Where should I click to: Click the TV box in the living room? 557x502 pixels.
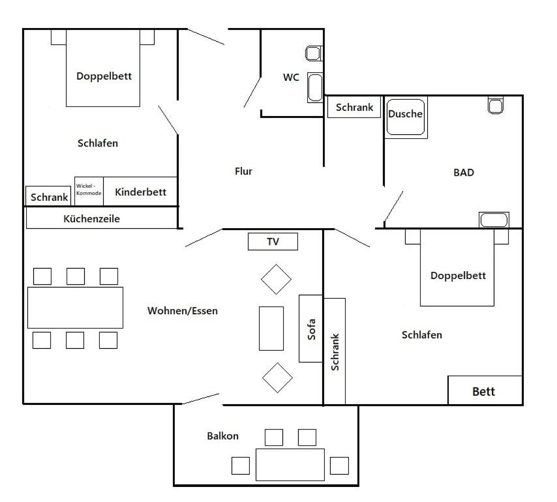(x=273, y=241)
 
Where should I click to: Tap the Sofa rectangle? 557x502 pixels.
(x=311, y=329)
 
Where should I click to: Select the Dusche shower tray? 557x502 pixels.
(x=406, y=117)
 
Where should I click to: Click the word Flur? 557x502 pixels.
(x=243, y=171)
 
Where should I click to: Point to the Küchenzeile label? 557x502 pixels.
(x=92, y=218)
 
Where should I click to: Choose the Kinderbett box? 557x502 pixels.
(x=140, y=192)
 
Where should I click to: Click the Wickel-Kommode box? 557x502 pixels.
(x=89, y=191)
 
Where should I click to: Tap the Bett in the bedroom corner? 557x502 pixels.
(x=485, y=390)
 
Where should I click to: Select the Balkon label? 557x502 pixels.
(x=222, y=436)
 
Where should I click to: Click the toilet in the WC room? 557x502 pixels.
(x=314, y=53)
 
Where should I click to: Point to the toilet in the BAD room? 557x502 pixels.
(x=496, y=105)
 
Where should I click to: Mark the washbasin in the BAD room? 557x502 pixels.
(x=494, y=220)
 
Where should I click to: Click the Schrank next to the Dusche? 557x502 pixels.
(x=354, y=107)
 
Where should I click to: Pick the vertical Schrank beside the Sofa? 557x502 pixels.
(x=335, y=351)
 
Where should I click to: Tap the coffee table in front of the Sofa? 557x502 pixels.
(x=271, y=329)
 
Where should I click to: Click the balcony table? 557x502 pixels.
(x=290, y=464)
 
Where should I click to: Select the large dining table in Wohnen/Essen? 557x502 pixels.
(x=75, y=308)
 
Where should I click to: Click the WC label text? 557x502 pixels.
(x=291, y=78)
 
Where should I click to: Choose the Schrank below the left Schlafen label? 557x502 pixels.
(x=49, y=196)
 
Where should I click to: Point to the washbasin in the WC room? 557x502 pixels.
(x=315, y=88)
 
